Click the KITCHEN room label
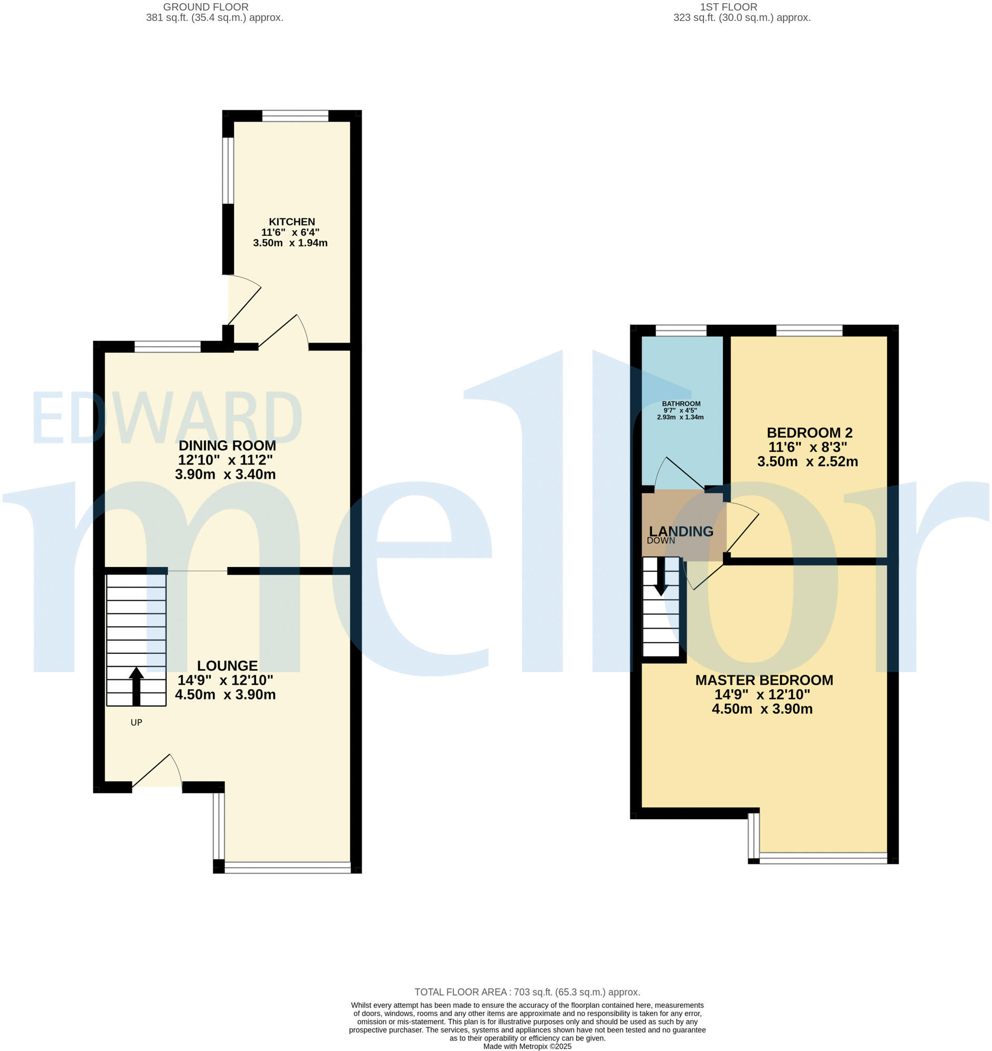pyautogui.click(x=292, y=222)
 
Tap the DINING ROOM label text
pyautogui.click(x=228, y=446)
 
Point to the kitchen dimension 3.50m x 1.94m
pyautogui.click(x=291, y=244)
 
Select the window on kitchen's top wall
pyautogui.click(x=295, y=116)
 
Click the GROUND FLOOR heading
pyautogui.click(x=206, y=7)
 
